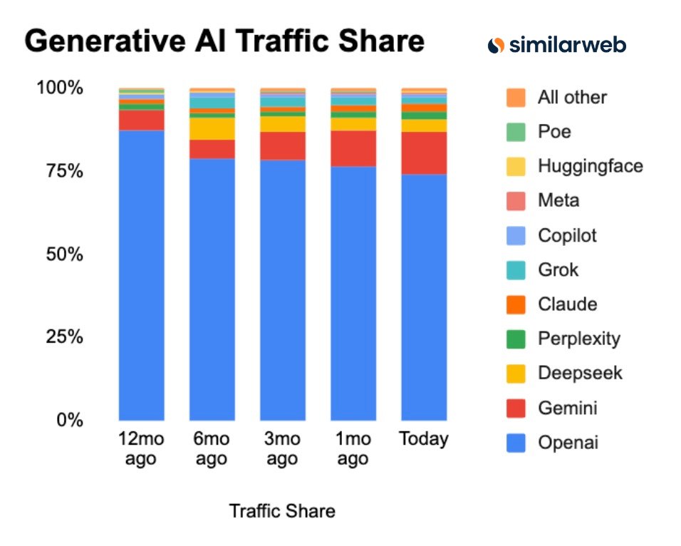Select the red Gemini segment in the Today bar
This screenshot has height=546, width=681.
tap(424, 153)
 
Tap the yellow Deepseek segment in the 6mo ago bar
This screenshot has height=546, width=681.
tap(212, 128)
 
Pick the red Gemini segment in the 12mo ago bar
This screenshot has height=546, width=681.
tap(141, 120)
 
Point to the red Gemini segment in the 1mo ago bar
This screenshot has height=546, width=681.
tap(353, 148)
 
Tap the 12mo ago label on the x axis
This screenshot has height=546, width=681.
tap(140, 448)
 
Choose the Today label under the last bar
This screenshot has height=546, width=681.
tap(424, 438)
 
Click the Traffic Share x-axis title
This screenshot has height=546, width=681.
tap(282, 511)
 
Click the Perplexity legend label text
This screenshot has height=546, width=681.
tap(578, 339)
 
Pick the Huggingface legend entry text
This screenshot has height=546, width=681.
tap(590, 166)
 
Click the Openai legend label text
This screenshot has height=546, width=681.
tap(568, 443)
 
